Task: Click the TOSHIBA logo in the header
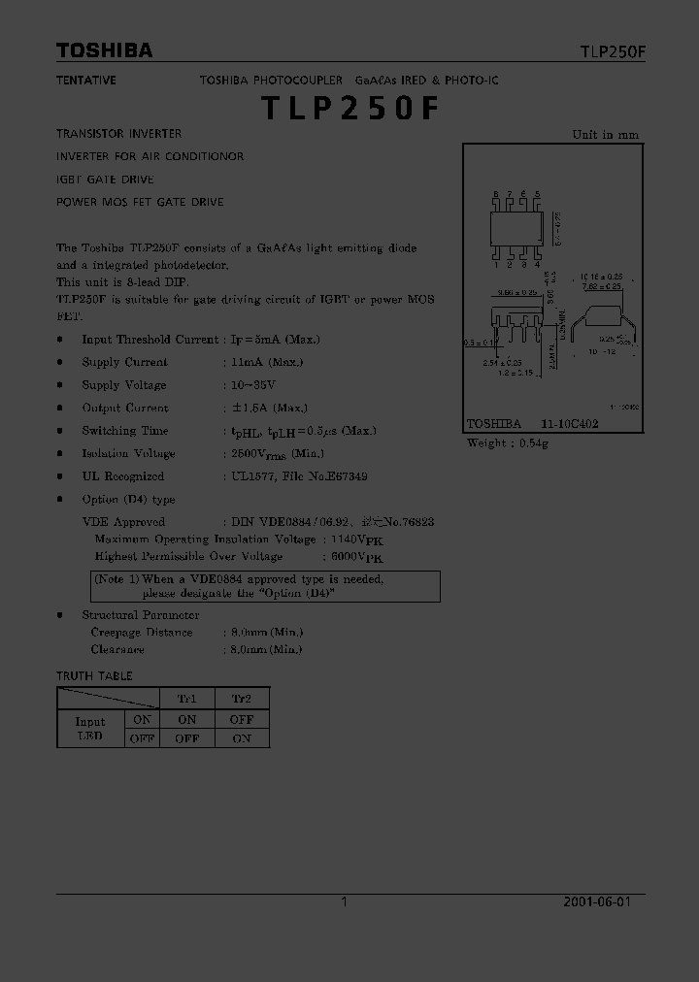[x=104, y=50]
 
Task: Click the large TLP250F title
[x=349, y=109]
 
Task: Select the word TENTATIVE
[x=86, y=81]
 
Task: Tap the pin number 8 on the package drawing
[x=496, y=195]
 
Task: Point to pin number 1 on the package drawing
[x=496, y=264]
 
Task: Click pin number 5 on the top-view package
[x=538, y=195]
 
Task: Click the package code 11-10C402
[x=570, y=424]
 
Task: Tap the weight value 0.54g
[x=532, y=443]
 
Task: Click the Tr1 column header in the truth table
[x=187, y=699]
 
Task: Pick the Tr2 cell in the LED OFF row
[x=242, y=738]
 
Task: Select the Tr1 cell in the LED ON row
[x=187, y=720]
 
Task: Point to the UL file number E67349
[x=345, y=476]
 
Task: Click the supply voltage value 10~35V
[x=250, y=385]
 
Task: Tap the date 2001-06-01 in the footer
[x=597, y=901]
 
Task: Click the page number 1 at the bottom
[x=345, y=901]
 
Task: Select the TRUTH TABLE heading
[x=94, y=675]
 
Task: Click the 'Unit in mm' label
[x=606, y=135]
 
